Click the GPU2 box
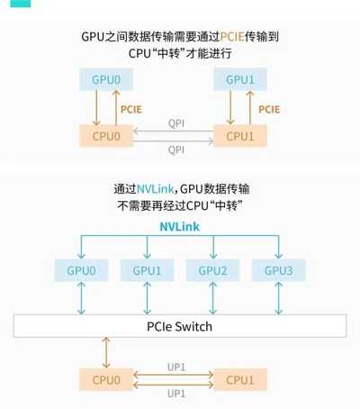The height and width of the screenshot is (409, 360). pyautogui.click(x=212, y=270)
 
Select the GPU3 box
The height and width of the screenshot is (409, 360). pyautogui.click(x=279, y=270)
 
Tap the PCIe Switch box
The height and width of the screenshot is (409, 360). pyautogui.click(x=180, y=326)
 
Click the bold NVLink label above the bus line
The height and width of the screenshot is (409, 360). pyautogui.click(x=179, y=227)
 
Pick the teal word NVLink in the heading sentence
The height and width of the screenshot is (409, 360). pyautogui.click(x=155, y=189)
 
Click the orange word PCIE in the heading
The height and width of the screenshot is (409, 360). pyautogui.click(x=232, y=37)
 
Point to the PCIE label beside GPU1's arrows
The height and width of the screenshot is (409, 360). pyautogui.click(x=269, y=109)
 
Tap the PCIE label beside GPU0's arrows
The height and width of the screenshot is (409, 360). pyautogui.click(x=131, y=109)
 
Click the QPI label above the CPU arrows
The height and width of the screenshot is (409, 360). pyautogui.click(x=176, y=123)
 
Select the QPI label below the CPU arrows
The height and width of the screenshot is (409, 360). pyautogui.click(x=176, y=150)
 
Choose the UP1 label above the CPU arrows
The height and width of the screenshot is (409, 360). pyautogui.click(x=176, y=367)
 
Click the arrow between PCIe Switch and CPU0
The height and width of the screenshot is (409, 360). pyautogui.click(x=106, y=352)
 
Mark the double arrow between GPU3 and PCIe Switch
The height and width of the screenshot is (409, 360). pyautogui.click(x=279, y=298)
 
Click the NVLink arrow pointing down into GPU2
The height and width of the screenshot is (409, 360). pyautogui.click(x=213, y=247)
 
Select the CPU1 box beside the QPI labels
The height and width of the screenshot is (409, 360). pyautogui.click(x=240, y=136)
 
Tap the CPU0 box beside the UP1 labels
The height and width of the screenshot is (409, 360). pyautogui.click(x=106, y=380)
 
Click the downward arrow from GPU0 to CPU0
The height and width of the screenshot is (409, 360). pyautogui.click(x=96, y=108)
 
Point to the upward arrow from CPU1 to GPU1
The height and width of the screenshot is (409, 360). pyautogui.click(x=250, y=108)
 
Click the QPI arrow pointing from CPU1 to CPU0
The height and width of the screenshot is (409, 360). pyautogui.click(x=174, y=132)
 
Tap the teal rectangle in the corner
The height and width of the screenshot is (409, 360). pyautogui.click(x=21, y=4)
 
